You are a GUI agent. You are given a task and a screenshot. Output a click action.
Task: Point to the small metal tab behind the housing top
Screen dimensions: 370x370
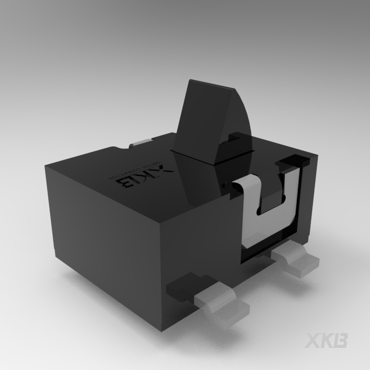pos(140,143)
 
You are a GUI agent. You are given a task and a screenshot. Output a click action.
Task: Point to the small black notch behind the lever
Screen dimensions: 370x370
pos(237,141)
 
